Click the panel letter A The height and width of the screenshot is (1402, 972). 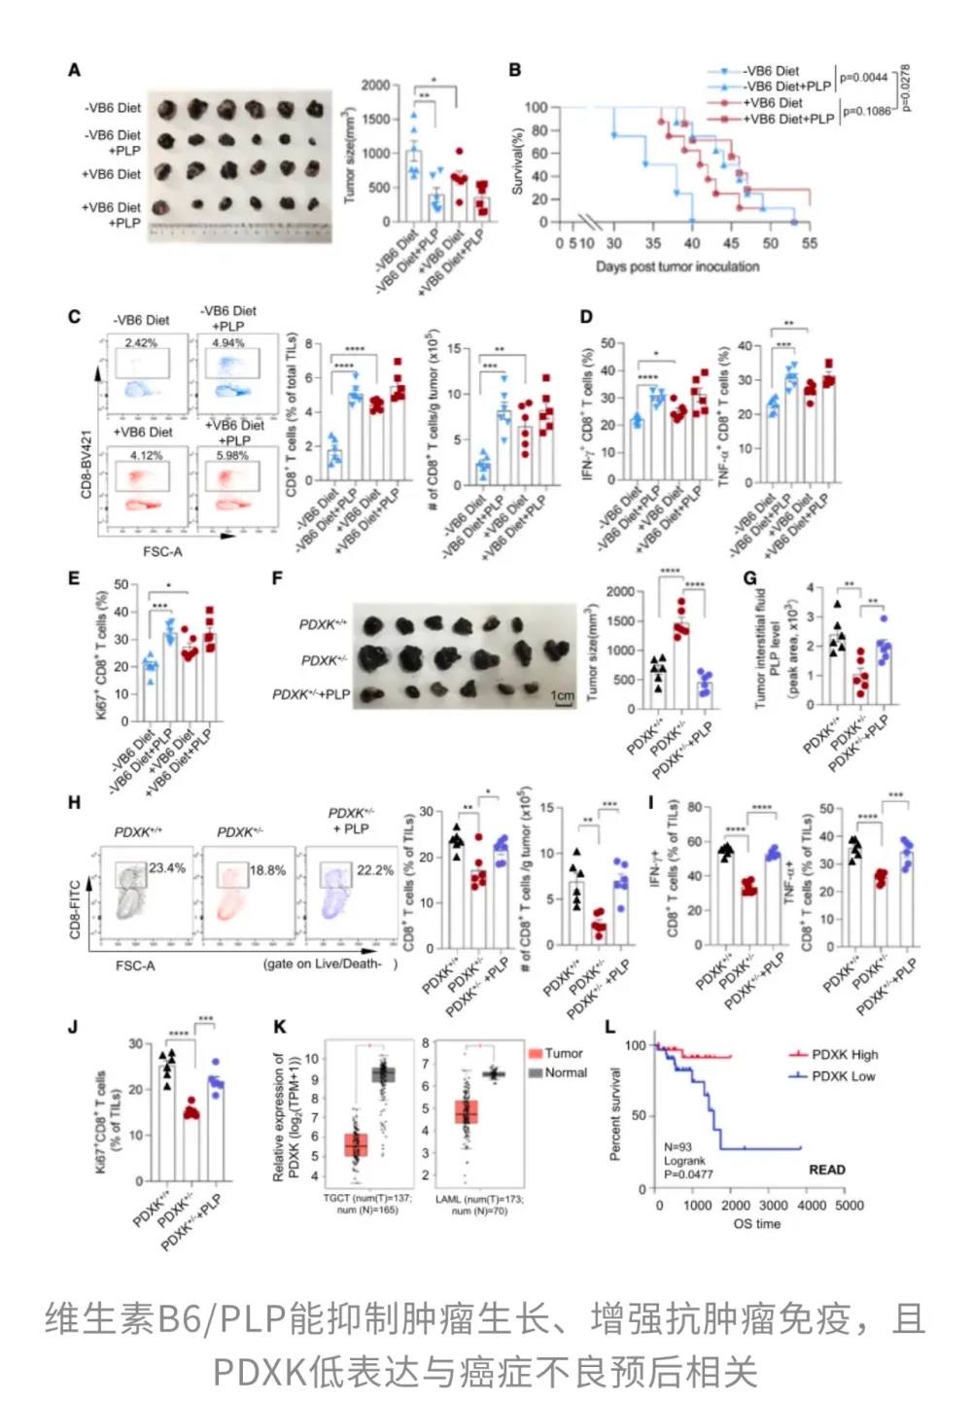click(x=74, y=70)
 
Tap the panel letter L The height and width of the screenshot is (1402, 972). click(x=610, y=1027)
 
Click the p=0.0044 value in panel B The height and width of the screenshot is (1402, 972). click(x=863, y=78)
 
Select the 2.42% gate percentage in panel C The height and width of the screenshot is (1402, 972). click(x=141, y=343)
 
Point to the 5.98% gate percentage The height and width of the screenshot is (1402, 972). click(x=232, y=455)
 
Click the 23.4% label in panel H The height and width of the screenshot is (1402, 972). click(x=167, y=868)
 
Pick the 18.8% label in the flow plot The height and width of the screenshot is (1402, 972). click(x=268, y=870)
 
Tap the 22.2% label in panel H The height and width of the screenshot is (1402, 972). click(x=375, y=870)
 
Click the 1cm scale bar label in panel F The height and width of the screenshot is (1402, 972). click(x=563, y=696)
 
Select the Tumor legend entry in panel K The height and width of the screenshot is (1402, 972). click(x=563, y=1053)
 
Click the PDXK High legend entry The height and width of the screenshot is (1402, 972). click(x=844, y=1054)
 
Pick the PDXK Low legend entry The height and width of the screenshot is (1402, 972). click(x=843, y=1076)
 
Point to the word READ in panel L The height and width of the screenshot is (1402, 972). click(x=827, y=1170)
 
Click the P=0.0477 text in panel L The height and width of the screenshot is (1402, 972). click(x=689, y=1174)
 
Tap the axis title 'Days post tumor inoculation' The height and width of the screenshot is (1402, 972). click(x=677, y=266)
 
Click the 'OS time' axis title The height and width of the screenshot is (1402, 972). click(x=757, y=1224)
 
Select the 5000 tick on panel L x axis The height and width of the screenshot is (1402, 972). click(x=850, y=1206)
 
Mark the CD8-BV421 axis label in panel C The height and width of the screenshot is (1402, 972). click(x=87, y=465)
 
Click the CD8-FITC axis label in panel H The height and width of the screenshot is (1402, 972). click(x=75, y=910)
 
